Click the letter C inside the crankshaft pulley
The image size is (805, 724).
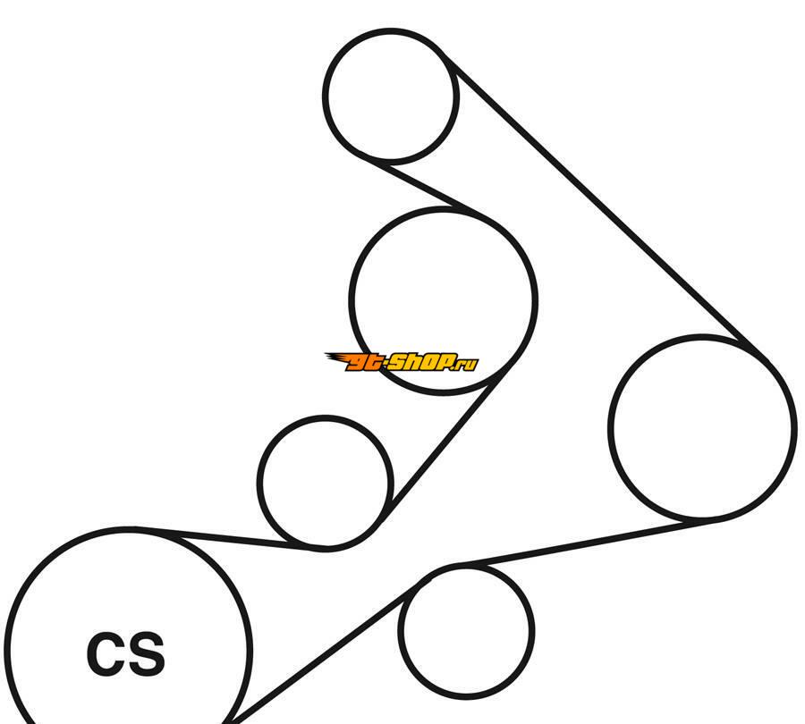pyautogui.click(x=105, y=653)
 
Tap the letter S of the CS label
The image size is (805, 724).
pyautogui.click(x=147, y=653)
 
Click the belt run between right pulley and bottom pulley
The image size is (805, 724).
pyautogui.click(x=590, y=543)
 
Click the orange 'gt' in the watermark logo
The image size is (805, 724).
pyautogui.click(x=364, y=363)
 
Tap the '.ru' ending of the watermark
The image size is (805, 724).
pyautogui.click(x=466, y=365)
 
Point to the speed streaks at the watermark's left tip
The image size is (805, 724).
pyautogui.click(x=337, y=358)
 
